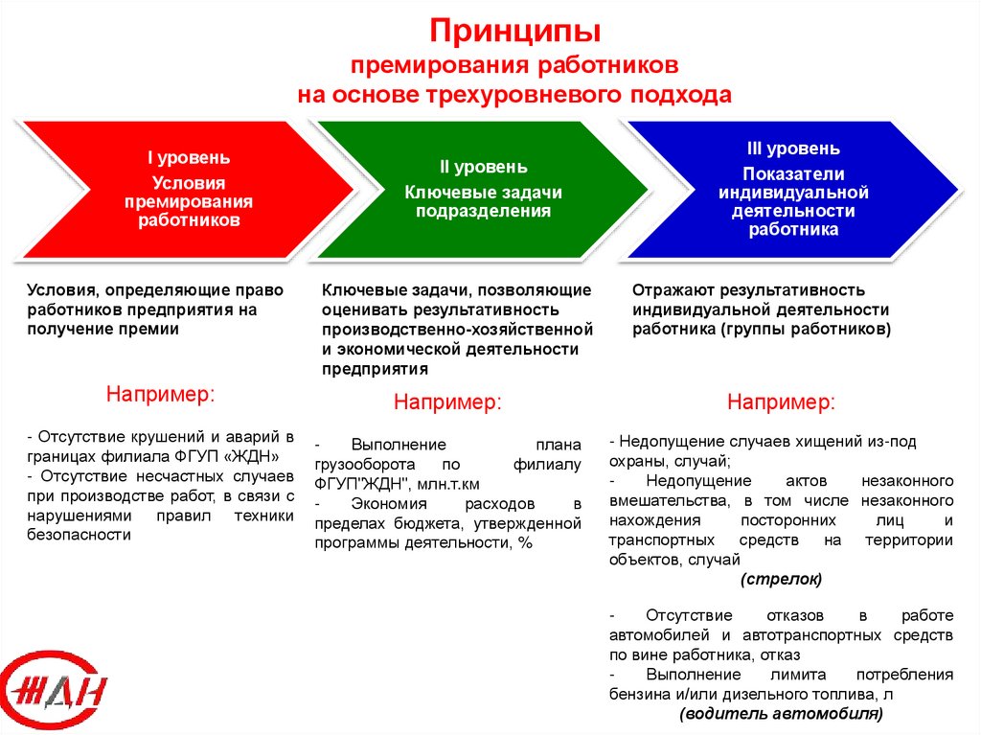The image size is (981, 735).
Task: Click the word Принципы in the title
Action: (x=513, y=32)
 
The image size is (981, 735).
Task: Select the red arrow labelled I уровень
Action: (x=172, y=189)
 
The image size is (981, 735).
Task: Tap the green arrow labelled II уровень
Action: (x=479, y=189)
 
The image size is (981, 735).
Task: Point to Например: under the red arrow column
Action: (x=160, y=394)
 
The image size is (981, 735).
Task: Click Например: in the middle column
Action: (x=447, y=402)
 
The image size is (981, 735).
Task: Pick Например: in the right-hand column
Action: (x=781, y=402)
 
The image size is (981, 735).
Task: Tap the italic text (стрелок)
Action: (x=781, y=580)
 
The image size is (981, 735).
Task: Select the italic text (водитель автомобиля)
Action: (x=781, y=715)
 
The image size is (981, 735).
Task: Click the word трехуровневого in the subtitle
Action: (x=533, y=96)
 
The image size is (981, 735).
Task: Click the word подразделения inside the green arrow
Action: (x=483, y=212)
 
